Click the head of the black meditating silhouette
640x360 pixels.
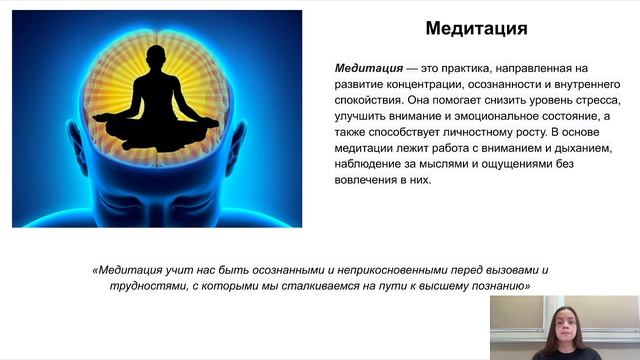(x=156, y=58)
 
